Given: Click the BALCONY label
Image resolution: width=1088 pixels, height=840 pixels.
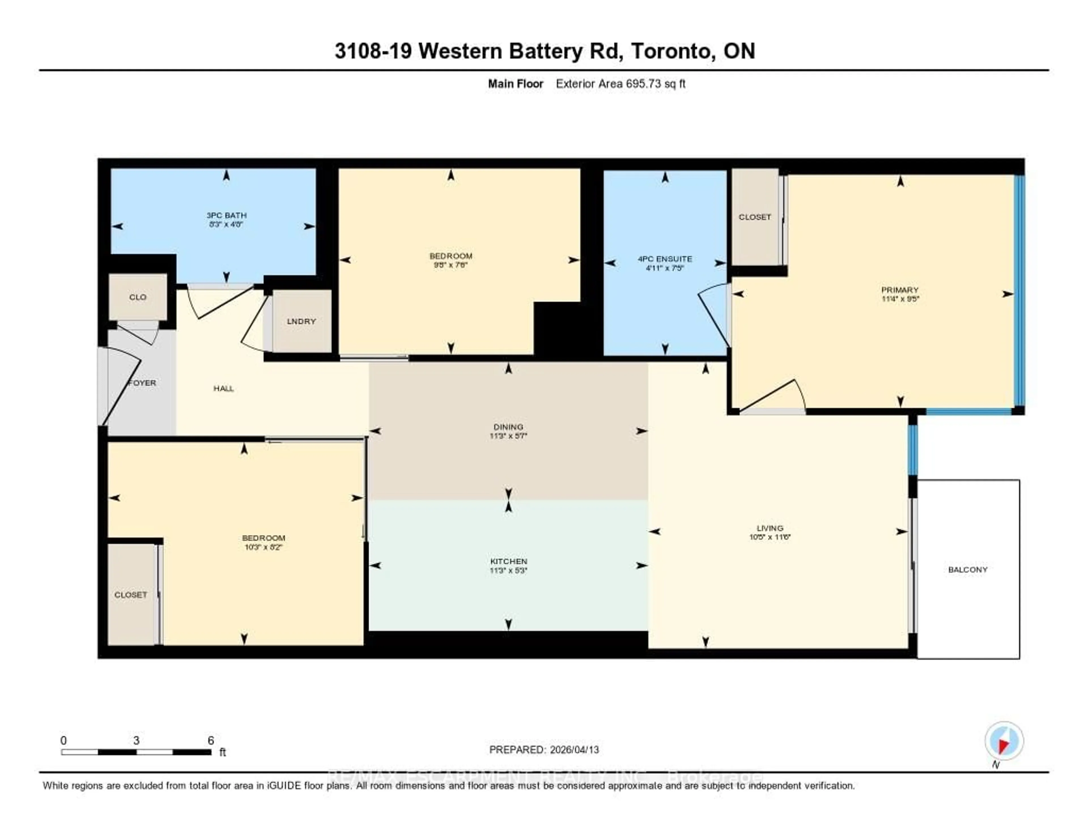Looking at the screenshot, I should pos(968,570).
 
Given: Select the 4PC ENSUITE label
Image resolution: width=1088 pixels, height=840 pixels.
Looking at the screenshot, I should pos(664,259).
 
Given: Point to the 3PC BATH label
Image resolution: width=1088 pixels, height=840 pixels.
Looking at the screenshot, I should pos(227,215).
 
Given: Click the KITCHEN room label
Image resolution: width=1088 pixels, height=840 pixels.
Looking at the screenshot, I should pos(508,561).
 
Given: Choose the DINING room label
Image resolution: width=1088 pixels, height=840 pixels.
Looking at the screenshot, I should pos(508,427).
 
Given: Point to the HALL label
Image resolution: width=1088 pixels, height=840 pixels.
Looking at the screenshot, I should pos(224,388).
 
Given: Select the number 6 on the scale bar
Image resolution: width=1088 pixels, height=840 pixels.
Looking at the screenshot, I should pos(211,740).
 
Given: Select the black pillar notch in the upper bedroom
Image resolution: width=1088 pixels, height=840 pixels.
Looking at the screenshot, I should pos(557,329).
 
